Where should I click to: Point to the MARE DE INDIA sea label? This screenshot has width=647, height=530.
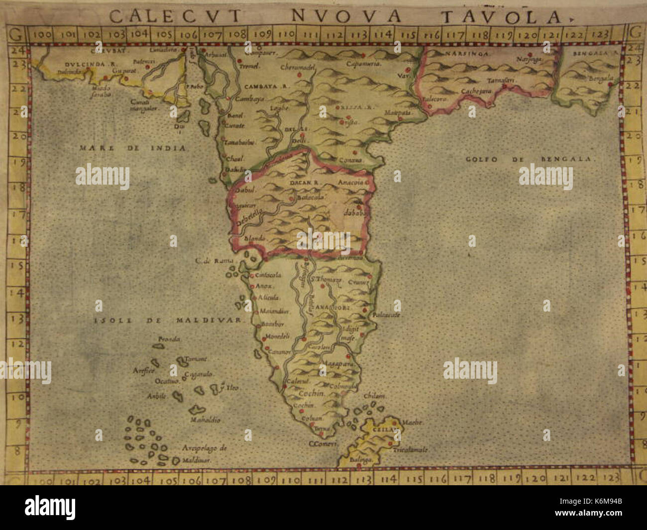point(132,148)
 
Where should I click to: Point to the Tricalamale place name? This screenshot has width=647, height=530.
point(411,449)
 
